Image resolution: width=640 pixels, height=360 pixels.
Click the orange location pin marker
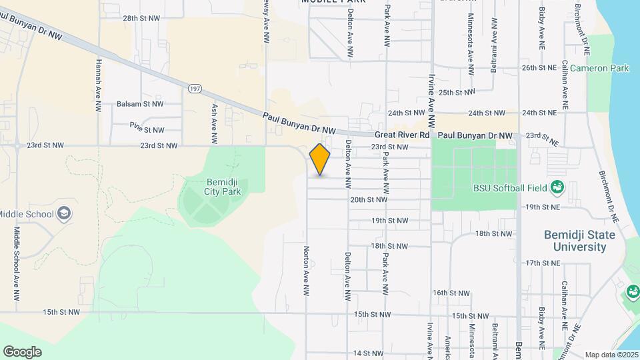point(320,160)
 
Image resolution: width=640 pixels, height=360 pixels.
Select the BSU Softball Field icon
point(557,188)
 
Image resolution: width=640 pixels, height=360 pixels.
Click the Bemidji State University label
point(575,241)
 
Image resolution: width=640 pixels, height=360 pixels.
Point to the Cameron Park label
point(599,68)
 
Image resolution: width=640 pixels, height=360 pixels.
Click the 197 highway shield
point(195,88)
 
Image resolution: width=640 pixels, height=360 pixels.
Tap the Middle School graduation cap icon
point(64,214)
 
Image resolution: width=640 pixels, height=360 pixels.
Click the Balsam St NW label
point(139,104)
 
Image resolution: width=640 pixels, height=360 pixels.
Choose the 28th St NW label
point(141,18)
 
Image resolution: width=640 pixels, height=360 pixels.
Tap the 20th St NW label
point(369,199)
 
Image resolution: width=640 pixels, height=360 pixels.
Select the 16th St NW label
point(451,293)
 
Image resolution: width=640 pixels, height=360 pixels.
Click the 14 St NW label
point(369,353)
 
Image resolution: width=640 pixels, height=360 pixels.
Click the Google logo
point(22,352)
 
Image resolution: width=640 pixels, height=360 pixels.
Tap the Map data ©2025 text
point(611,355)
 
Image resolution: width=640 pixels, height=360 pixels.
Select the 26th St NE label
point(539,68)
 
